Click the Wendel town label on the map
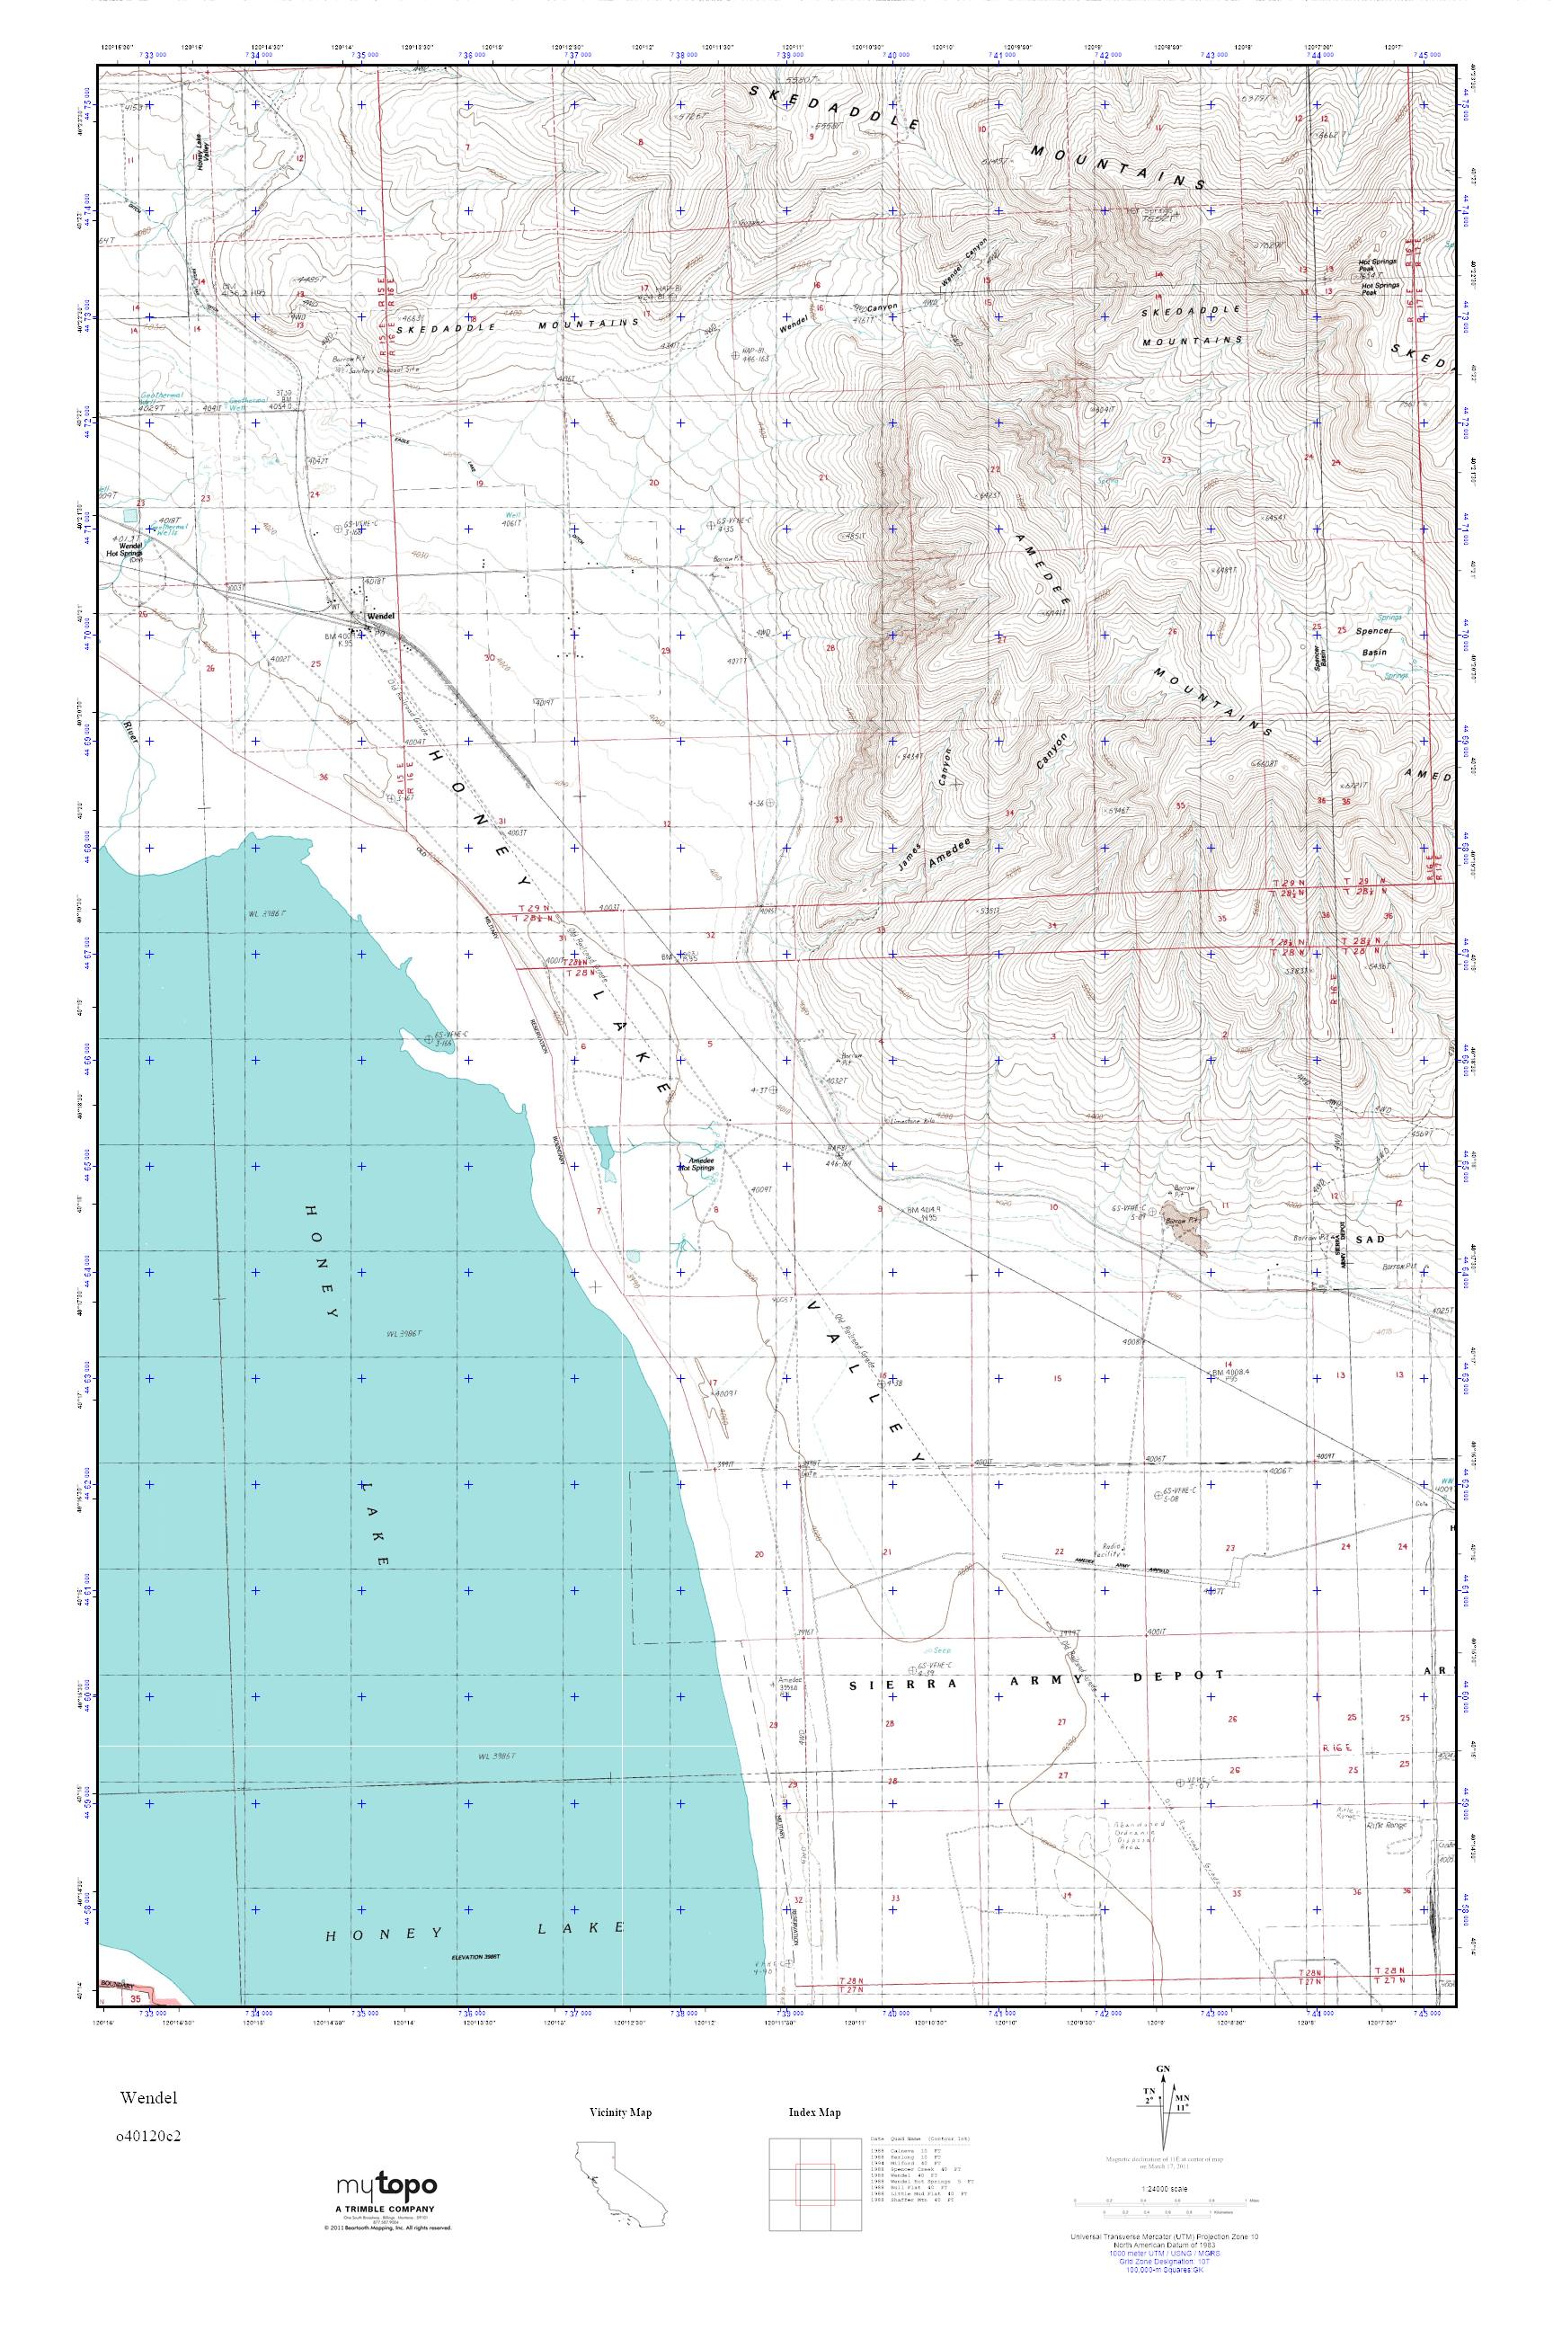pos(380,615)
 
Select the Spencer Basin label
pos(1376,642)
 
